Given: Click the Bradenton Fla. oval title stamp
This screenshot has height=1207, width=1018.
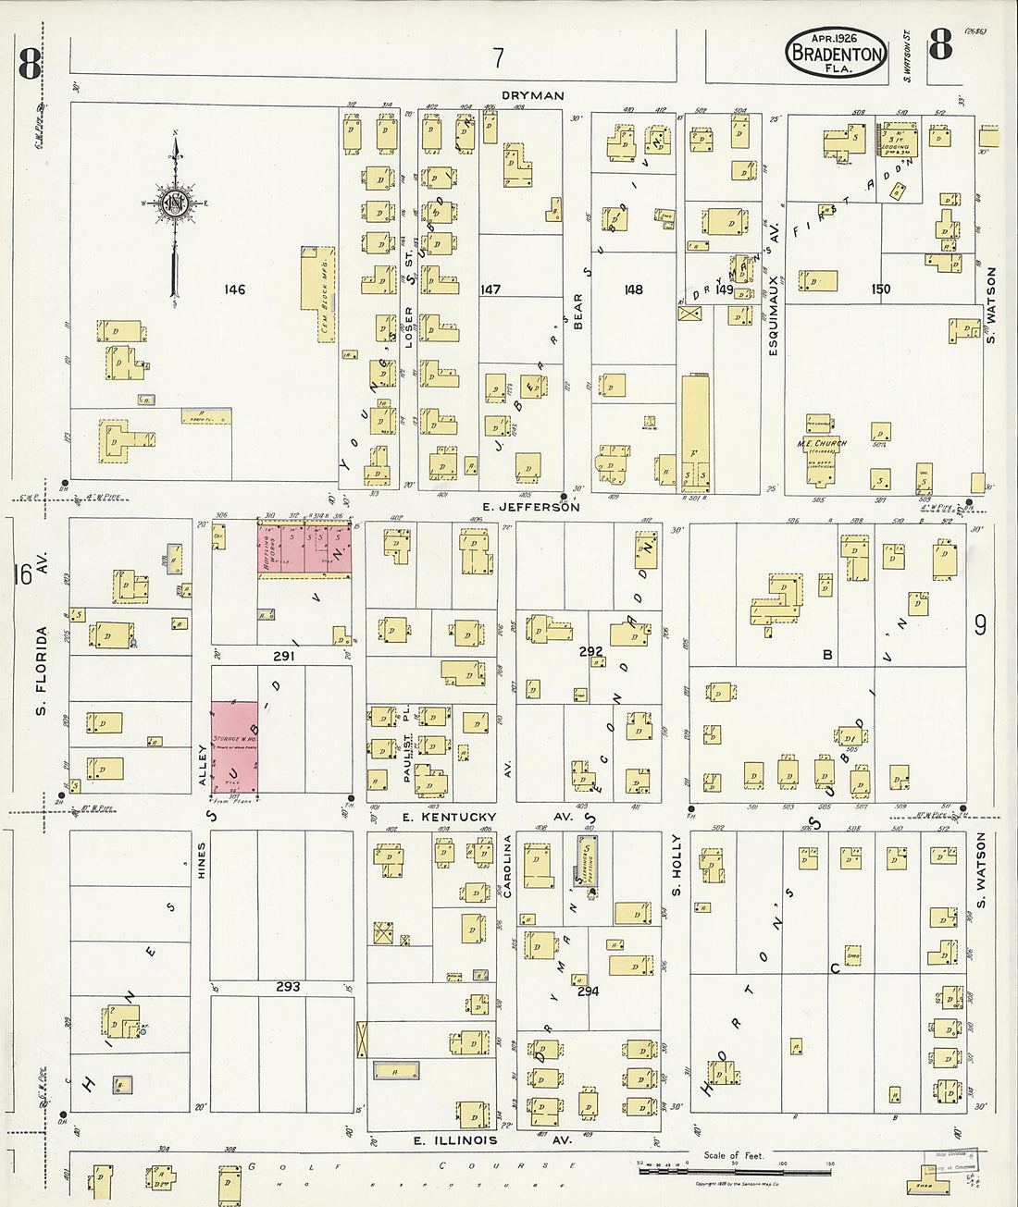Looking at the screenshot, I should tap(836, 52).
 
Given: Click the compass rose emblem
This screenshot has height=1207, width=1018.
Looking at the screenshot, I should tap(174, 204).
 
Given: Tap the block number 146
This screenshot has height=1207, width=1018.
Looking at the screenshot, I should tap(234, 289).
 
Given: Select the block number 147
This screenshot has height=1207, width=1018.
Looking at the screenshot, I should tap(490, 289).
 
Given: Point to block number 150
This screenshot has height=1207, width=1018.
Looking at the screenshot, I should tap(880, 289).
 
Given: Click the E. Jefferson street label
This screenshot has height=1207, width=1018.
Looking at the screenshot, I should tap(531, 507).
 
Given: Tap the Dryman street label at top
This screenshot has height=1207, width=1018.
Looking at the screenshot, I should tap(532, 95).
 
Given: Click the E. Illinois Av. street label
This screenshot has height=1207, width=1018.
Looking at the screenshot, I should tap(492, 1140).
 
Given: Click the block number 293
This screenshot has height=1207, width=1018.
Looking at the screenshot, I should tap(288, 987).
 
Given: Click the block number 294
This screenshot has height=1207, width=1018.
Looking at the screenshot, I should tap(588, 991).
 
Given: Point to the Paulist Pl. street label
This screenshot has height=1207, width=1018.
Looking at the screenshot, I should tap(406, 745).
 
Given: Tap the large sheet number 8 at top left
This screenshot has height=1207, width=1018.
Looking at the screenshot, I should tap(30, 65).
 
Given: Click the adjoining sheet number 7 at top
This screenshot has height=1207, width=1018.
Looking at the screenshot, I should tap(498, 58).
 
